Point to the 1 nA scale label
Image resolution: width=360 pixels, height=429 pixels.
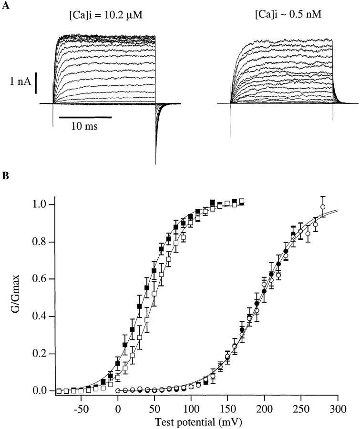coord(21,82)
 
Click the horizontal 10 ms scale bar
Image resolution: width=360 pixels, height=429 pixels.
coord(85,117)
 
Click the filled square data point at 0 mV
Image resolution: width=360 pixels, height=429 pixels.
coord(118,363)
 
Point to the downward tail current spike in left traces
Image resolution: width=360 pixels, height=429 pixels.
coord(156,143)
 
